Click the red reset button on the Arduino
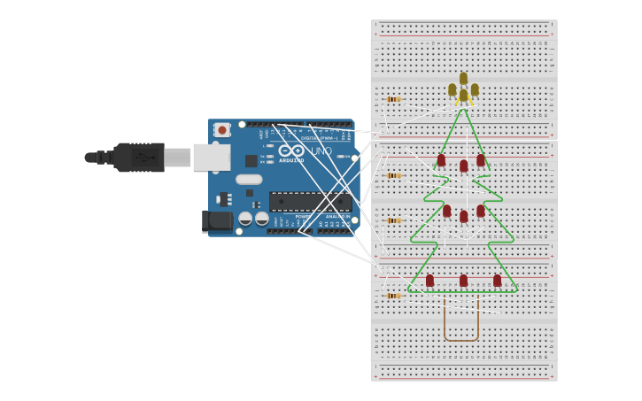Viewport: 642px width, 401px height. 222,130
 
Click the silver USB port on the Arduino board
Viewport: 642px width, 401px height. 211,158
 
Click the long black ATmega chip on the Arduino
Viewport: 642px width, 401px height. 309,202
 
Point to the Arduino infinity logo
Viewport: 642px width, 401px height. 291,150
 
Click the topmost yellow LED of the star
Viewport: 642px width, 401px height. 463,78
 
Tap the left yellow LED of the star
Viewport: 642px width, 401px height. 452,89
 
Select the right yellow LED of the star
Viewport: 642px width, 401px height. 475,89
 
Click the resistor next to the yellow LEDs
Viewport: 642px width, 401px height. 393,99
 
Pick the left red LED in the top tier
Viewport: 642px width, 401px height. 441,160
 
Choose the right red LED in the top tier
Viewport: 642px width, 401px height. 481,160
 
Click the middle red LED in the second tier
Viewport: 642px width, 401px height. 463,216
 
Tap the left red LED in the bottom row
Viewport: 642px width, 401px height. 429,281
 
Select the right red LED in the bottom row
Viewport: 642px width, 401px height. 497,281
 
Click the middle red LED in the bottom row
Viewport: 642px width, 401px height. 463,281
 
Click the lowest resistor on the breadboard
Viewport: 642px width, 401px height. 393,296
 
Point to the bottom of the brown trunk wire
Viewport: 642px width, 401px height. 461,340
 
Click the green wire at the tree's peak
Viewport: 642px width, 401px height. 463,111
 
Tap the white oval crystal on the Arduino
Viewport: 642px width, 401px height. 249,180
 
